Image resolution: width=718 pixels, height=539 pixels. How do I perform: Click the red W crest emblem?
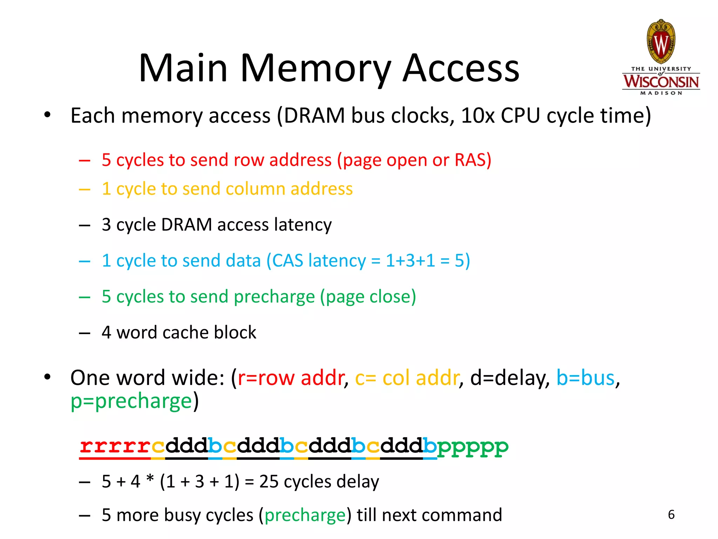661,42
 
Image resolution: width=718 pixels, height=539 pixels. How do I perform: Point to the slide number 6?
671,515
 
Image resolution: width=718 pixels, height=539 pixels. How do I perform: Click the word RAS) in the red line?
473,160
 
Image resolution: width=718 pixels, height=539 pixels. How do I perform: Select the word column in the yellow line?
256,189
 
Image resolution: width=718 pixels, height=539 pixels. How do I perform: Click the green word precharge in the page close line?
274,297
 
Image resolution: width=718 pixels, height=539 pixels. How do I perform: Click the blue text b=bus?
585,378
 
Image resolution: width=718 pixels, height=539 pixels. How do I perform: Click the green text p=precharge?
131,401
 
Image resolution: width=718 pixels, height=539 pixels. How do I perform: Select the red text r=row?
266,378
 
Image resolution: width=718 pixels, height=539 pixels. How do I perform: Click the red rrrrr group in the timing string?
115,446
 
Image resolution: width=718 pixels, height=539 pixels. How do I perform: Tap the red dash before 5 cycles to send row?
84,161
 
